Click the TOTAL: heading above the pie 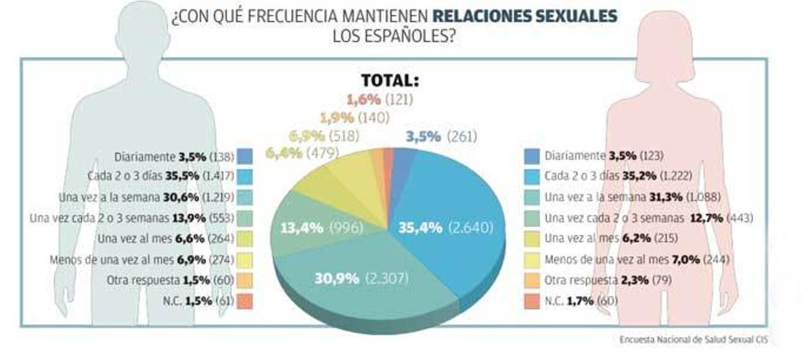390,81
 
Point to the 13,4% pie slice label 321,228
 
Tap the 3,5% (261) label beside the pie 441,137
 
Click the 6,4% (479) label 302,154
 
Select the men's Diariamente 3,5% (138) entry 174,156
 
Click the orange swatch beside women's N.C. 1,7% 532,301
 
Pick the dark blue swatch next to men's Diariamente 246,156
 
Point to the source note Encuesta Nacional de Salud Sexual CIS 693,339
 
